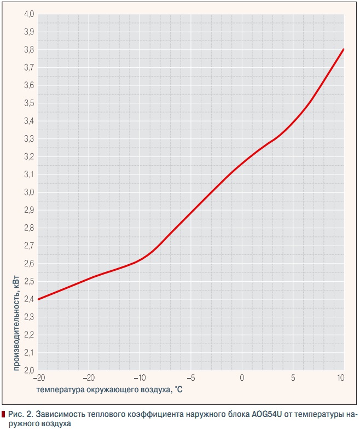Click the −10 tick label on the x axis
140,378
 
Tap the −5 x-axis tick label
191,378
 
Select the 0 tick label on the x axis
242,378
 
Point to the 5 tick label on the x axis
293,378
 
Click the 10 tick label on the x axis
340,378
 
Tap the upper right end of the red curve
343,49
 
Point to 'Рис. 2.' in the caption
21,415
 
